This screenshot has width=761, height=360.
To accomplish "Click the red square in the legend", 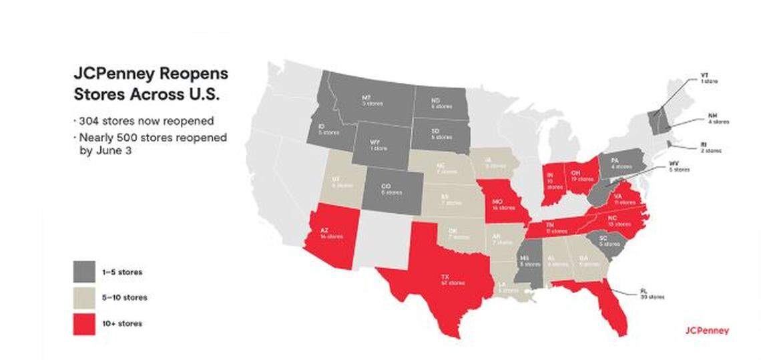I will click(x=85, y=323).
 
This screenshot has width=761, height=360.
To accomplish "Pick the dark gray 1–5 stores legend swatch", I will click(x=85, y=272).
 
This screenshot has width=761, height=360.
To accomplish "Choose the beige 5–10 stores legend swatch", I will click(x=85, y=297).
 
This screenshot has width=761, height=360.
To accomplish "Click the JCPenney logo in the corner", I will click(x=707, y=331).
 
